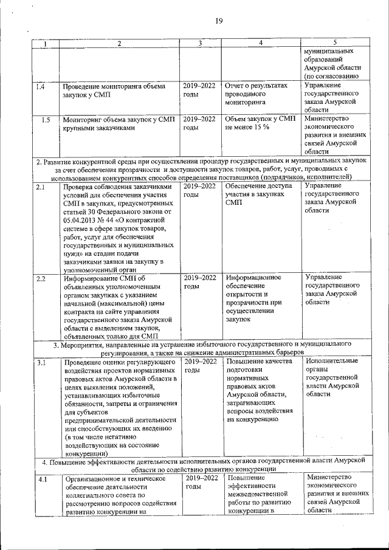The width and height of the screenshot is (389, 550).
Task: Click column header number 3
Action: click(199, 43)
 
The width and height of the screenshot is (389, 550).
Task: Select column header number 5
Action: click(335, 43)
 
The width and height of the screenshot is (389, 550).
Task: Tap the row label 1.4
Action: click(40, 87)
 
